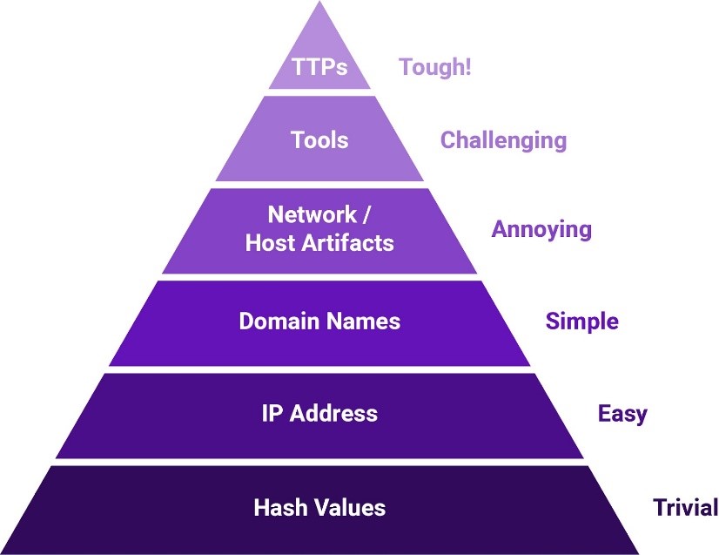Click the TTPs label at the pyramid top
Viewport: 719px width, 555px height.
[x=319, y=67]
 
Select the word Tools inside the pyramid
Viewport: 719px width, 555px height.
[x=319, y=140]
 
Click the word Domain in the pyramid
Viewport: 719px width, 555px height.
[x=278, y=321]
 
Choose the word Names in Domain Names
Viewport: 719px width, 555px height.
[x=361, y=321]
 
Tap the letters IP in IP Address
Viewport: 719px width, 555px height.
[x=272, y=414]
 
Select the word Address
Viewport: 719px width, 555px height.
[x=333, y=414]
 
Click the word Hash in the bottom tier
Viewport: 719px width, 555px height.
[x=277, y=507]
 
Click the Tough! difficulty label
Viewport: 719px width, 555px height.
[x=434, y=67]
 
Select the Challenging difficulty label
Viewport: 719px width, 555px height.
[x=503, y=140]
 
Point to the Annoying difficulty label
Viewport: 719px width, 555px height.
[x=541, y=230]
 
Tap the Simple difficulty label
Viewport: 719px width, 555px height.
[x=581, y=321]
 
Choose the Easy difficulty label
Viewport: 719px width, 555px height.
[x=622, y=414]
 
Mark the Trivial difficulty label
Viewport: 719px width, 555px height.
[x=685, y=507]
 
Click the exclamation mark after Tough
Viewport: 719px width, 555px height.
[x=467, y=67]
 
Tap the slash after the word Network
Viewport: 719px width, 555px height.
[x=369, y=215]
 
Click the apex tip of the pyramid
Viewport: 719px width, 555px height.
[x=319, y=4]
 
